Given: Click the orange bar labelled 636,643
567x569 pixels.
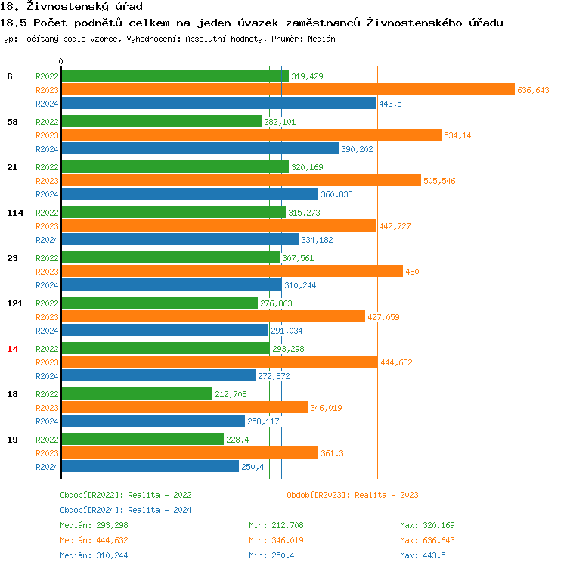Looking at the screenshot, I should (288, 89).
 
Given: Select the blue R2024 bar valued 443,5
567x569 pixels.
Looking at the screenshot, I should (218, 103).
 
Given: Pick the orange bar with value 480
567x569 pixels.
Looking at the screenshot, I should (231, 271).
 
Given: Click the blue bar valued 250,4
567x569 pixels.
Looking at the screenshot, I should (150, 466).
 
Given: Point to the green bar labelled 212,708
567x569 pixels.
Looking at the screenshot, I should (137, 393).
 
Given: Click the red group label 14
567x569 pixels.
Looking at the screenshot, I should (12, 349).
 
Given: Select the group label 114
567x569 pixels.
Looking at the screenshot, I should (15, 213).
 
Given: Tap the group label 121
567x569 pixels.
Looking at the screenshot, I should (15, 303).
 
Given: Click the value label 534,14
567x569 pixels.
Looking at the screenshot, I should (457, 135).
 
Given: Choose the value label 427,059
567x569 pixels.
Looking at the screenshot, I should (383, 317).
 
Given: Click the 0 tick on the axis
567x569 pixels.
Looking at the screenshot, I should (61, 61).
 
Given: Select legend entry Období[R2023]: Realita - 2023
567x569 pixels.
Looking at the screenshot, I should (352, 495).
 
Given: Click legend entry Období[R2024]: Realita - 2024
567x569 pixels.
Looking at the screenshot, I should (125, 510).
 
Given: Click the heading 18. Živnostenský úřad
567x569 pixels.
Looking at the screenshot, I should (72, 7).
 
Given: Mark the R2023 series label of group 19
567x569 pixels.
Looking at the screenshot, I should (48, 453).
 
